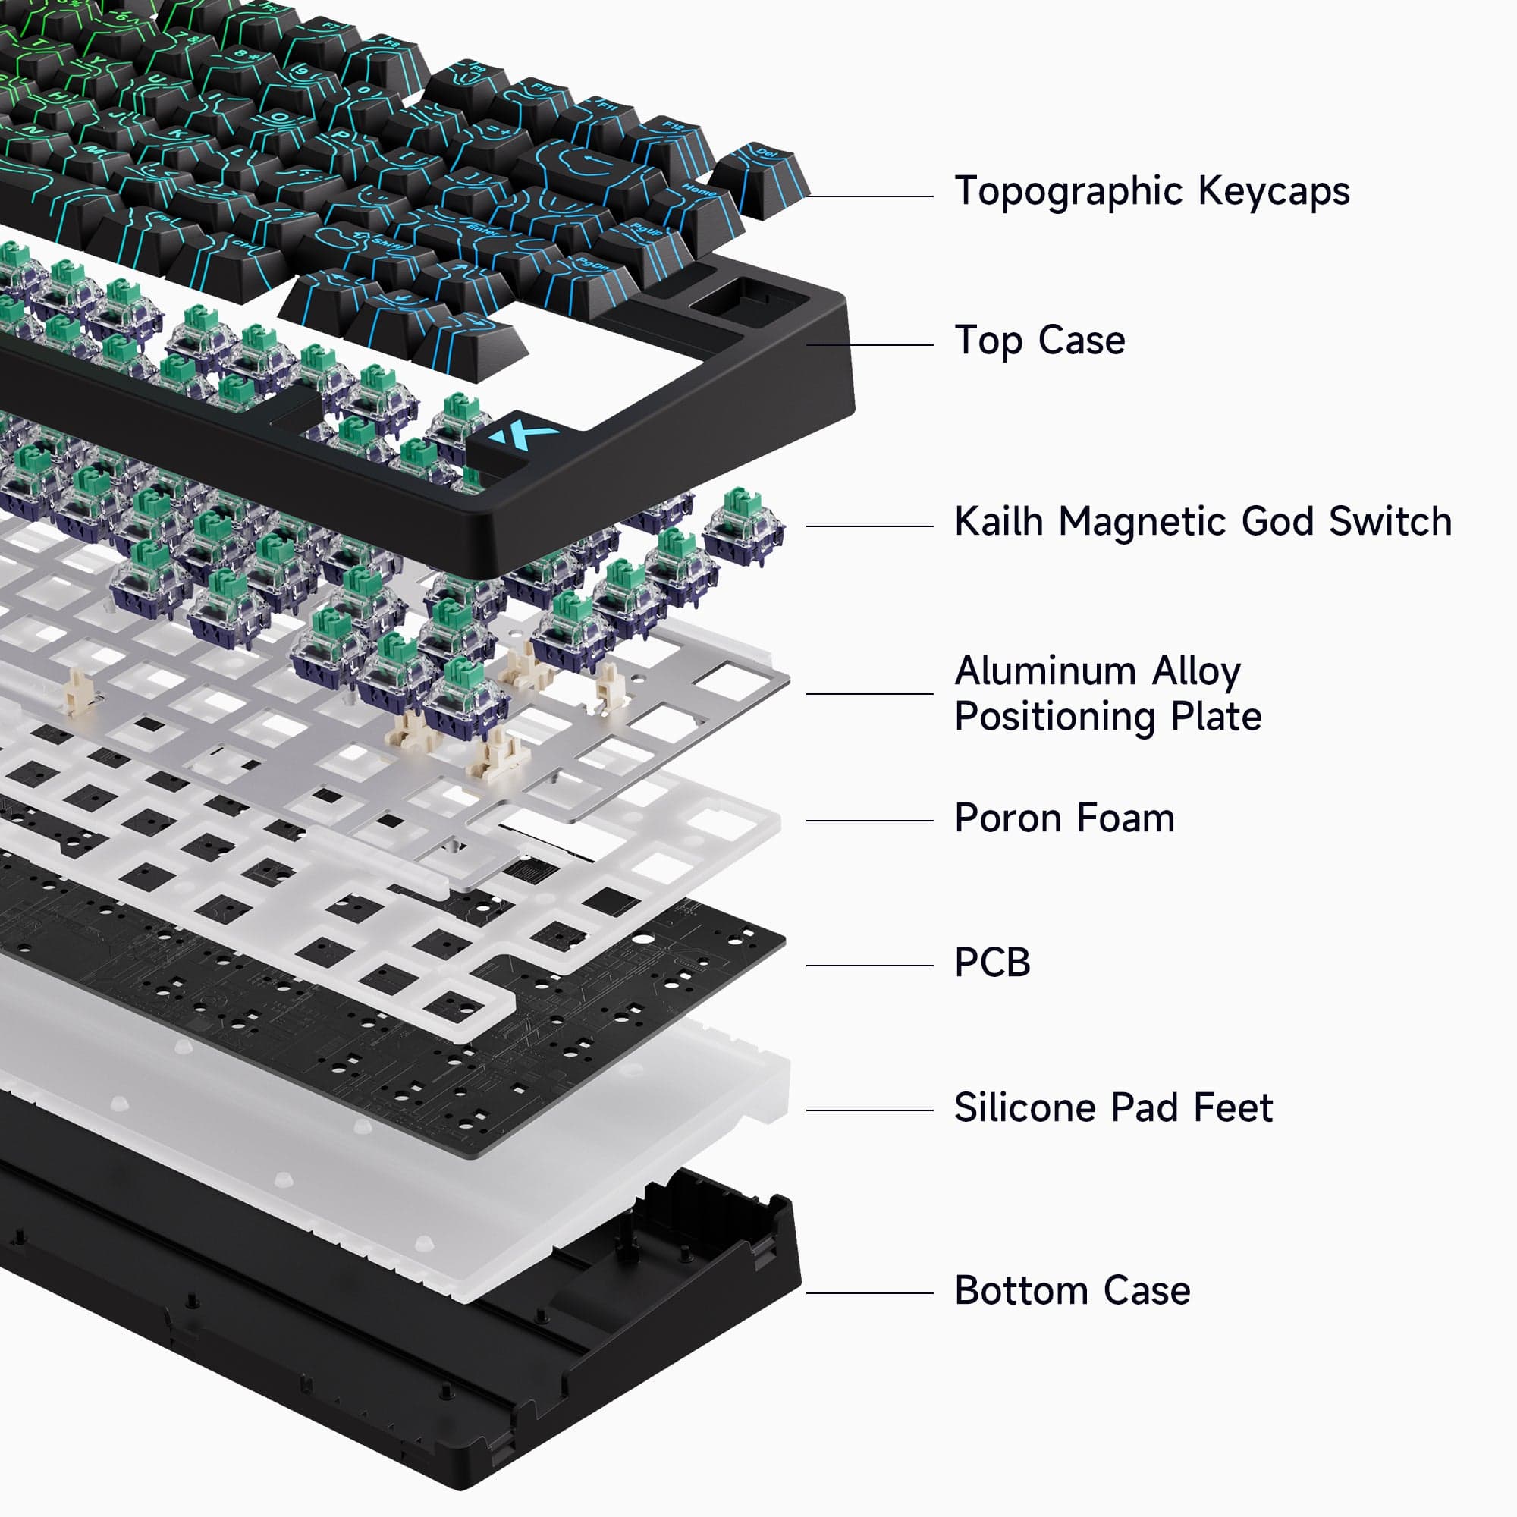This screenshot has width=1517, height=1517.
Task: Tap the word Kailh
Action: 998,522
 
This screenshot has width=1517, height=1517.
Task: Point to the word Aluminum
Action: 1045,672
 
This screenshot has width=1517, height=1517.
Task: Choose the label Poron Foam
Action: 1064,819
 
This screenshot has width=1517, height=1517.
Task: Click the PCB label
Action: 991,963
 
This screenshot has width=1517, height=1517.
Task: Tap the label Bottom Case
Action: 1072,1291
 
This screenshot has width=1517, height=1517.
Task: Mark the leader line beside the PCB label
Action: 869,966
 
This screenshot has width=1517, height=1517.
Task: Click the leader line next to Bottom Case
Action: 869,1293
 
